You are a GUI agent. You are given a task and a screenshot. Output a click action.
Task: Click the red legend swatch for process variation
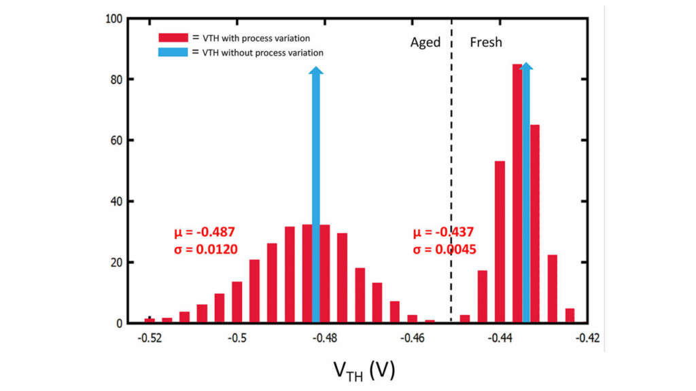click(x=172, y=38)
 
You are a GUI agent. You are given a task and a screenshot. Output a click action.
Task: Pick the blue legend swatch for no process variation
click(x=172, y=52)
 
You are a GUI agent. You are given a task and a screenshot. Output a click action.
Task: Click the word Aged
click(x=425, y=42)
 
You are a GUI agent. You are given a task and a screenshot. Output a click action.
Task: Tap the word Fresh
click(x=486, y=42)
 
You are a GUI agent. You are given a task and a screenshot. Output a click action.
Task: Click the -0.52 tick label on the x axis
click(x=150, y=337)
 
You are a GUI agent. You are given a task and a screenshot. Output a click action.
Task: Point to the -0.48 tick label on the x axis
click(x=326, y=337)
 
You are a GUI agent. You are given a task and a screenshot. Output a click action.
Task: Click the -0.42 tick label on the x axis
click(x=589, y=337)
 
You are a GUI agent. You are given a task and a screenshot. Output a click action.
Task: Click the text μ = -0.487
click(x=205, y=233)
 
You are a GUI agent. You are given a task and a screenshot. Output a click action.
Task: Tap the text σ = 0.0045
click(x=445, y=249)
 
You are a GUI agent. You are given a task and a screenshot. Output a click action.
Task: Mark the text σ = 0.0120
click(x=205, y=249)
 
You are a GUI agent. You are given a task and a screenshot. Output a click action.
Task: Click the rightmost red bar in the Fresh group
click(x=570, y=316)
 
